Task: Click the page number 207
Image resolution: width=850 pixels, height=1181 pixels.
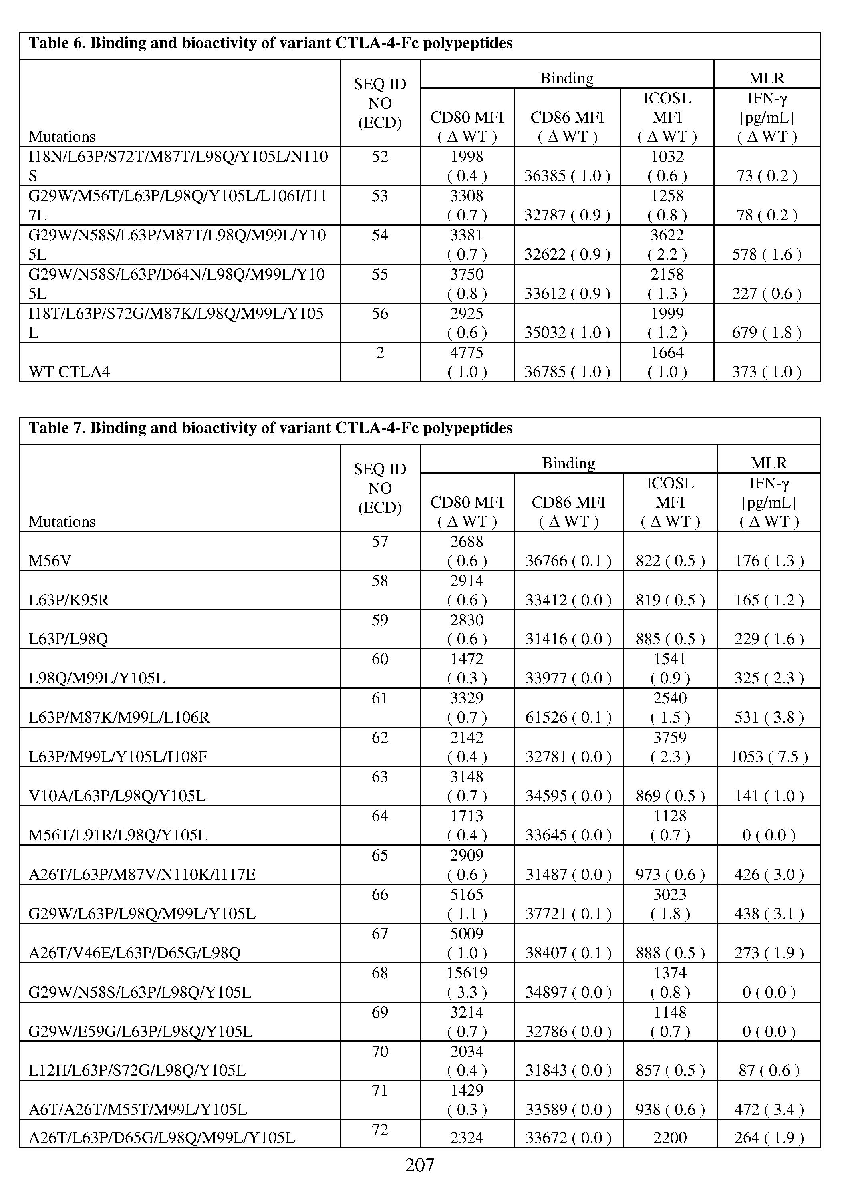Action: (x=419, y=1164)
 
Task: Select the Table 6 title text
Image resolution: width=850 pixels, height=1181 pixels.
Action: (x=270, y=43)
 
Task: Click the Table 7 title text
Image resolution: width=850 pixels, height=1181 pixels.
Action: (x=270, y=428)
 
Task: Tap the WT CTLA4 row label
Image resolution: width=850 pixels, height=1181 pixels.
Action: (x=69, y=372)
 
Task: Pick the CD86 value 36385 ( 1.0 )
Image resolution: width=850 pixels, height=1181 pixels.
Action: (x=567, y=176)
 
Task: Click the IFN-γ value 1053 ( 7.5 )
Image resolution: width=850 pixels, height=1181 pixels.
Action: (x=769, y=757)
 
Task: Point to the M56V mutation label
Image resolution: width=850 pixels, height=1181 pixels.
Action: (x=50, y=561)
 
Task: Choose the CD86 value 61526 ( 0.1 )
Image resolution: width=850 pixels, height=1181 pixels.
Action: (x=568, y=717)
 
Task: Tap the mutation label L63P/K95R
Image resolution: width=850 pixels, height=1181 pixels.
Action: (x=69, y=601)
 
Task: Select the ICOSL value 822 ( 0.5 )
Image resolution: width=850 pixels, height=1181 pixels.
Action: (x=670, y=561)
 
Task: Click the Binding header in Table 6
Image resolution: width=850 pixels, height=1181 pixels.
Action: (x=567, y=78)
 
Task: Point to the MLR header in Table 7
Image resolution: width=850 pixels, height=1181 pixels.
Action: (x=769, y=463)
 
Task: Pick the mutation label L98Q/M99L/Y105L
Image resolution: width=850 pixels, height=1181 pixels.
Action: (x=97, y=679)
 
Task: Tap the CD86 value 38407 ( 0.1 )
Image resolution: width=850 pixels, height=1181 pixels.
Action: (x=568, y=953)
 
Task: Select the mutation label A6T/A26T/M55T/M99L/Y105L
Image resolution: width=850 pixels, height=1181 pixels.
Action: (x=137, y=1110)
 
